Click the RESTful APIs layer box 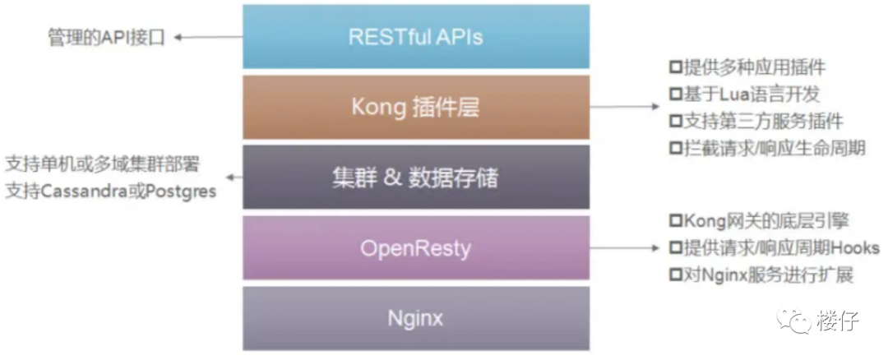416,37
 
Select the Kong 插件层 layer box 416,107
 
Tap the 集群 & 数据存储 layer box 416,177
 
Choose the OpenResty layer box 416,247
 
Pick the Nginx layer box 416,317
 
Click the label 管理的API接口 106,38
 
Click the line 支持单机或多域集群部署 103,164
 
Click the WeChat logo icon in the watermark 793,320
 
